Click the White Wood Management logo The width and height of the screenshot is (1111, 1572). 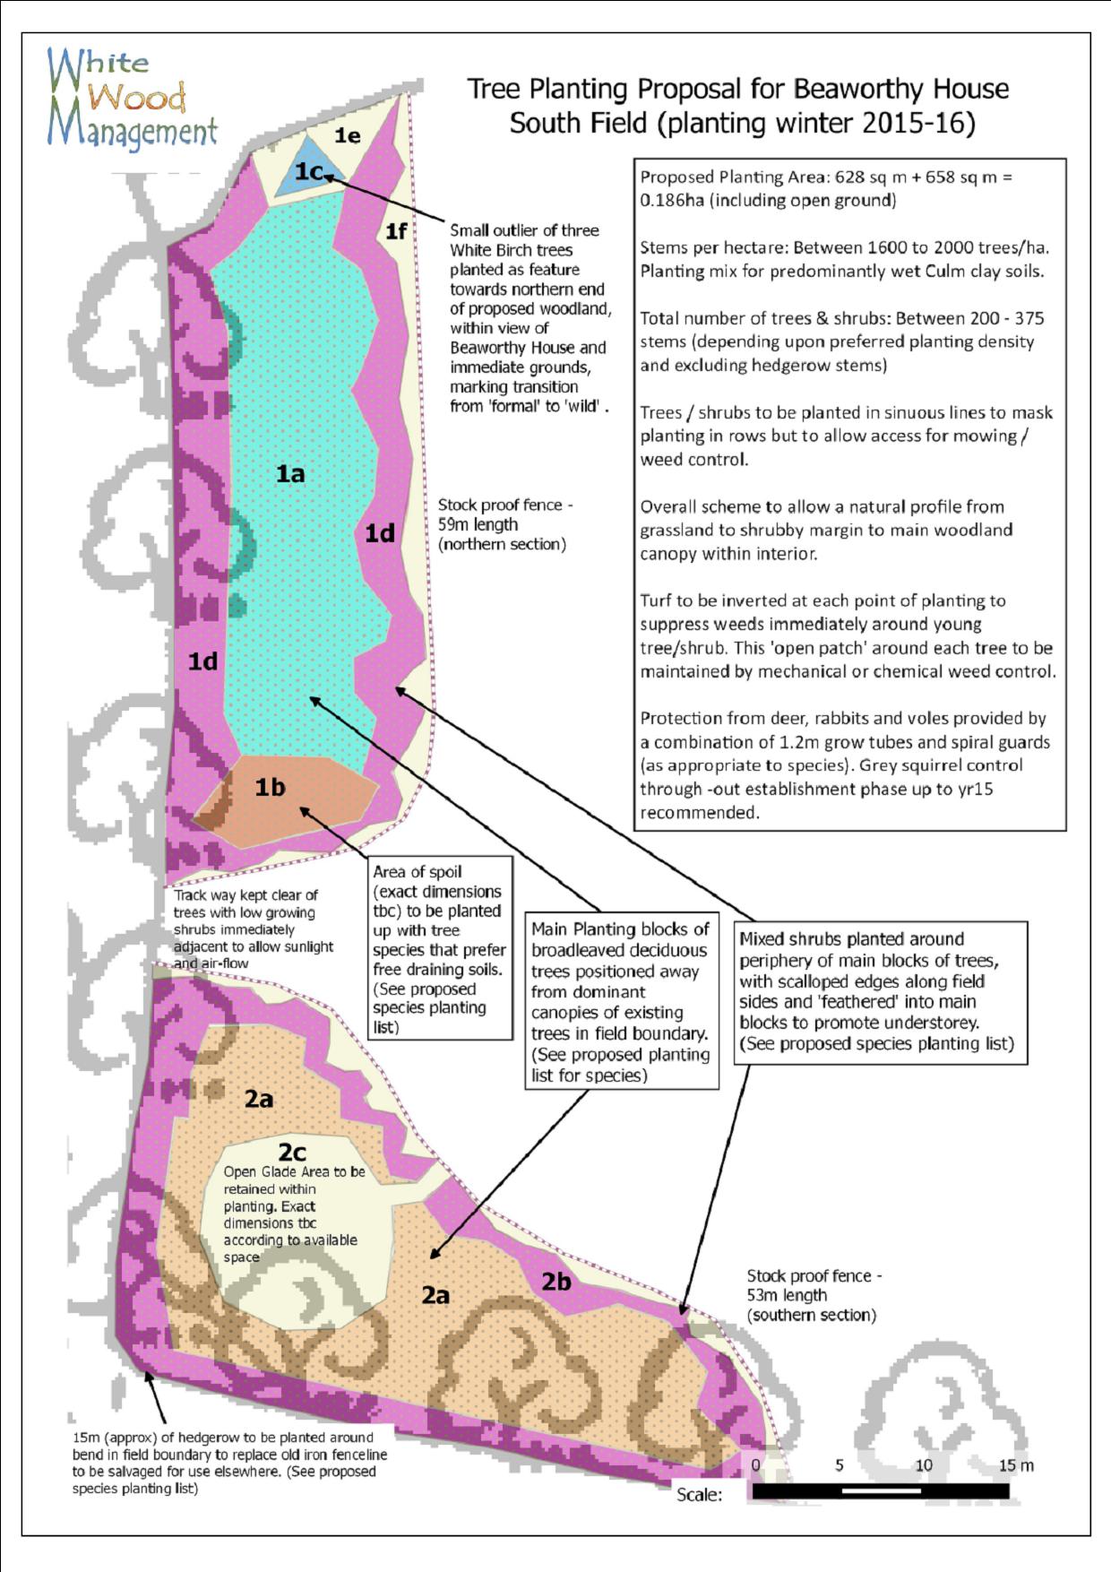(x=132, y=98)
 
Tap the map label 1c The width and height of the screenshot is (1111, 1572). (x=310, y=170)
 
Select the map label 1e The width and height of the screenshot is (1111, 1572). (x=348, y=135)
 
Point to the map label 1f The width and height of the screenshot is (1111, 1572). (x=395, y=231)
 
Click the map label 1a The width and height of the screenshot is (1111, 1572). (x=289, y=473)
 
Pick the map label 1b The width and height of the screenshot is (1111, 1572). (x=270, y=787)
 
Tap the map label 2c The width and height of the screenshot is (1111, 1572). (x=292, y=1152)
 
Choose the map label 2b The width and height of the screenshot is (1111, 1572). (x=555, y=1282)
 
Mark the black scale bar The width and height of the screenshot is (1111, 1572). (x=880, y=1491)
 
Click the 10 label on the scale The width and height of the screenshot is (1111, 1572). (x=923, y=1465)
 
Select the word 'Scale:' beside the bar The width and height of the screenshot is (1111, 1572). (x=699, y=1494)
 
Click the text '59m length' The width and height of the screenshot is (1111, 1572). (x=478, y=524)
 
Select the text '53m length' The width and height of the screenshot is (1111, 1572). (x=787, y=1295)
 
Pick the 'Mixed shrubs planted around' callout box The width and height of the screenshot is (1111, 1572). (x=880, y=992)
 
